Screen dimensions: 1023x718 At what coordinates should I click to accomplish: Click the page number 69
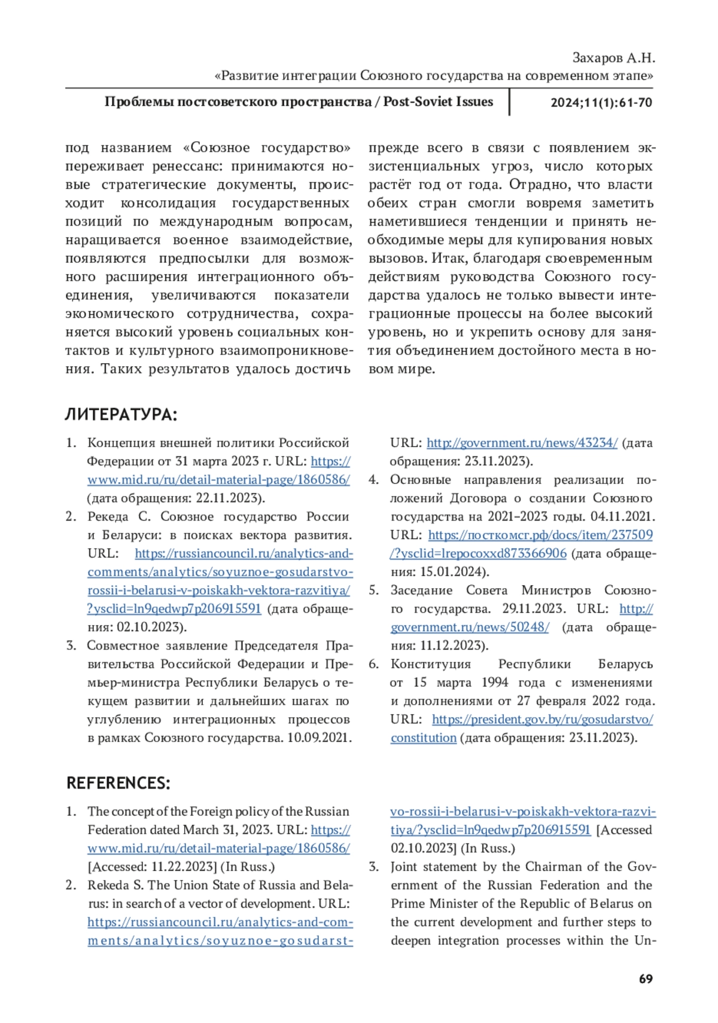[x=646, y=979]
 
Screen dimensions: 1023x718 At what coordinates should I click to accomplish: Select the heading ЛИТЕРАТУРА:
[x=121, y=415]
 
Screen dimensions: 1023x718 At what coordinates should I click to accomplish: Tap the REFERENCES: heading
[x=118, y=783]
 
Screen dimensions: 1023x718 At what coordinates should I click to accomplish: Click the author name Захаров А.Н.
[x=613, y=58]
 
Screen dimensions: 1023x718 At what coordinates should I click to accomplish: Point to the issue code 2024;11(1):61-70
[x=601, y=102]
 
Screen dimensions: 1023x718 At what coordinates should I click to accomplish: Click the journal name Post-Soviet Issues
[x=438, y=102]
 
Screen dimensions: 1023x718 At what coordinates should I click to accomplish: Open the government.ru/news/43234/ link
[x=522, y=443]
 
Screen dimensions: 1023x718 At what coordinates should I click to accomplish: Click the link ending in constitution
[x=424, y=738]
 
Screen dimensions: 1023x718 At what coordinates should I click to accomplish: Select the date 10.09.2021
[x=319, y=738]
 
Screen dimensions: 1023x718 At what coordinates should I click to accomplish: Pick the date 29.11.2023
[x=533, y=608]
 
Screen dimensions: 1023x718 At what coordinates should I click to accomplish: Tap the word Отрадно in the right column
[x=534, y=185]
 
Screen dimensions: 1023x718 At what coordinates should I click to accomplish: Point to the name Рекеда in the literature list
[x=108, y=516]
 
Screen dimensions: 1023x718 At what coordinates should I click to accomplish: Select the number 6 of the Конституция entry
[x=373, y=664]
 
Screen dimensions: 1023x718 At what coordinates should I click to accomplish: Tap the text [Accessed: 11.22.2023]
[x=152, y=867]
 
